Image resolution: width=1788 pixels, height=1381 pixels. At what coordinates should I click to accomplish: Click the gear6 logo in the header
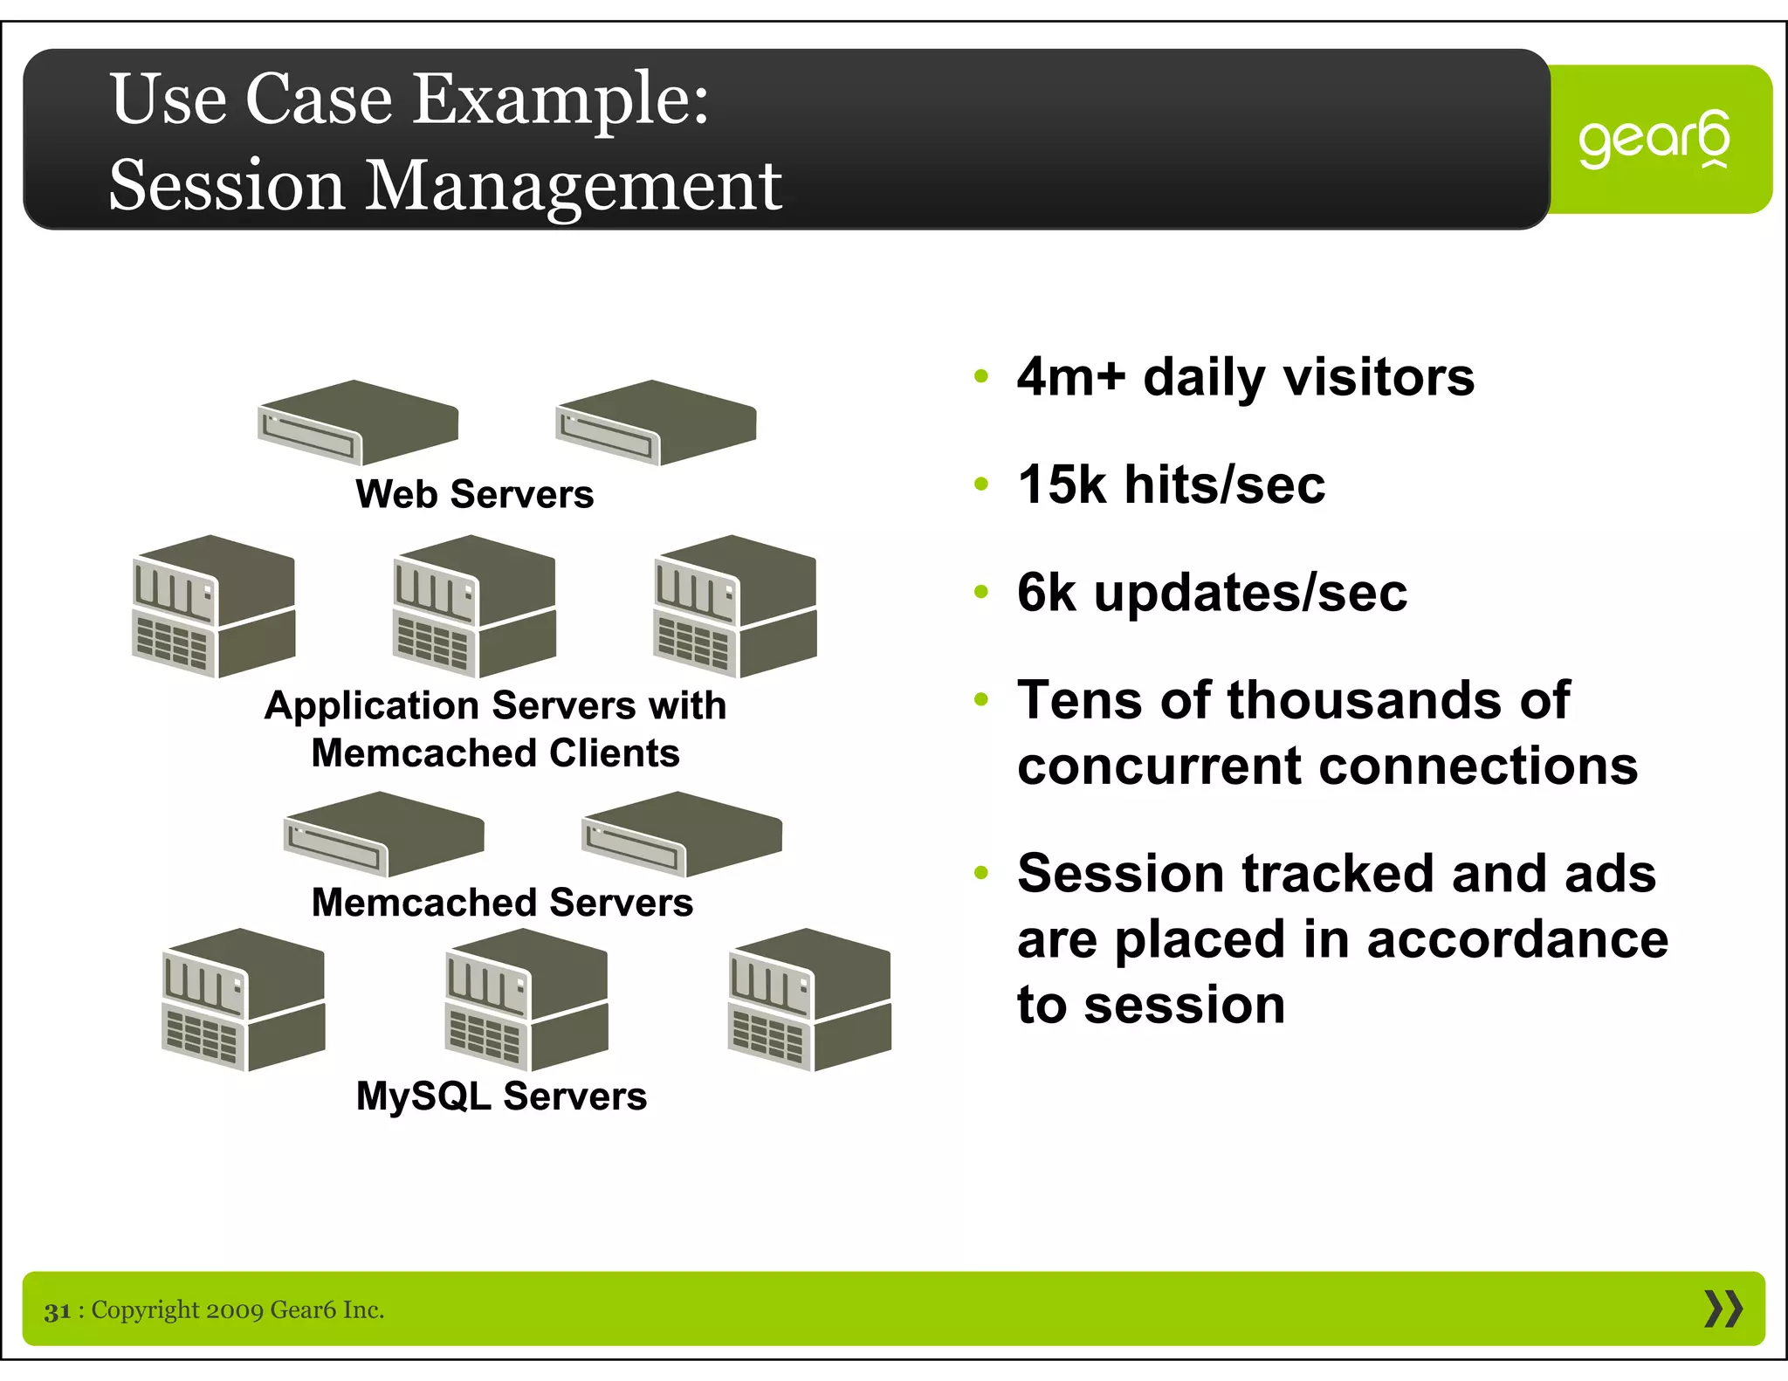coord(1653,140)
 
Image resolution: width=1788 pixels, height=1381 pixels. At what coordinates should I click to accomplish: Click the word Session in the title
coord(226,186)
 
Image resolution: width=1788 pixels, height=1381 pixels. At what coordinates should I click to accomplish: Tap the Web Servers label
coord(474,494)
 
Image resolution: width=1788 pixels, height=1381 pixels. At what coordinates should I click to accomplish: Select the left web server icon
coord(358,423)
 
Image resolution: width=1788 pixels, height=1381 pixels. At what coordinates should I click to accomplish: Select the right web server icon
coord(656,423)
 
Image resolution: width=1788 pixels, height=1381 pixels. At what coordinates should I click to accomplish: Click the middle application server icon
coord(474,607)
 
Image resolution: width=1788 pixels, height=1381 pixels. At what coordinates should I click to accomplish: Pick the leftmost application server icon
coord(214,607)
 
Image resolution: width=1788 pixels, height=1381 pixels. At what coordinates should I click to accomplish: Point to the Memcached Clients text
coord(495,752)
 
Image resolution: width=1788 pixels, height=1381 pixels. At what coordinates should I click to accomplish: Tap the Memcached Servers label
coord(502,903)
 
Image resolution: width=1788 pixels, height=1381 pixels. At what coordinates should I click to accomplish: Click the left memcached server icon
coord(384,835)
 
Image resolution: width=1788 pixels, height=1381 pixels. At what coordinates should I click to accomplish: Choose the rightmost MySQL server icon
coord(809,1000)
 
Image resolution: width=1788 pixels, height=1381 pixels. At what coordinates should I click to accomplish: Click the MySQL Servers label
coord(501,1096)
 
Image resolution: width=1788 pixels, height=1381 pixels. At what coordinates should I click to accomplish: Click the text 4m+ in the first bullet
coord(1071,377)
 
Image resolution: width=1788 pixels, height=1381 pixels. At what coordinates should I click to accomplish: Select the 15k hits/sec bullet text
coord(1171,484)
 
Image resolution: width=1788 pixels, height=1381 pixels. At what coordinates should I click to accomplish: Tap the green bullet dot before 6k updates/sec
coord(981,592)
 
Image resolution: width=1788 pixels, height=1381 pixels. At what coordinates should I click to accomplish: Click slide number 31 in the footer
coord(58,1310)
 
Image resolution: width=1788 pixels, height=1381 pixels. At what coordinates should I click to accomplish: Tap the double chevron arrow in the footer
coord(1723,1309)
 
